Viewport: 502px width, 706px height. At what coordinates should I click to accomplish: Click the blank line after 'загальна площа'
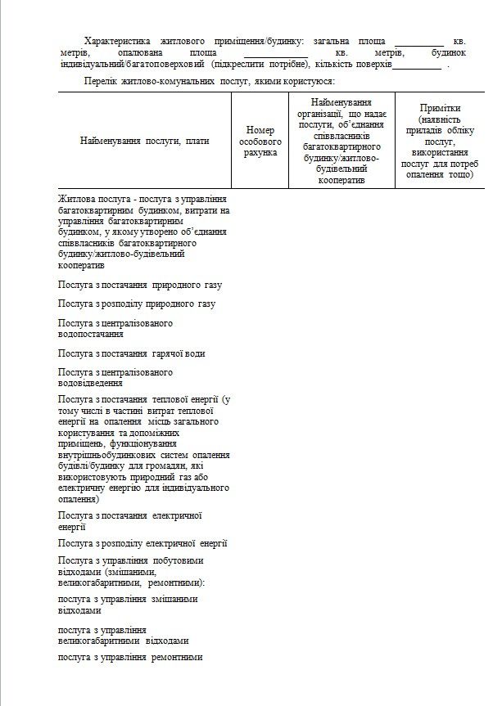418,43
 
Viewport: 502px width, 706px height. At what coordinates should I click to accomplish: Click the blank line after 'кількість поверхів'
417,65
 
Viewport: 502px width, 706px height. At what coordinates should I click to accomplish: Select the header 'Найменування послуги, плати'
144,141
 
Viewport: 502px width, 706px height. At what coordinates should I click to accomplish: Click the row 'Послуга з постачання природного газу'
140,285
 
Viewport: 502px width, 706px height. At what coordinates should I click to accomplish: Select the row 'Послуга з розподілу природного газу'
137,304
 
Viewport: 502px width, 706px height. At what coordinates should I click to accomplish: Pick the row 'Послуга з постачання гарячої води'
131,353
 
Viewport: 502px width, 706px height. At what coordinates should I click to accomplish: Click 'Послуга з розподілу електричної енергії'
142,542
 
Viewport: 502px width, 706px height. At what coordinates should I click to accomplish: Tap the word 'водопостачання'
91,334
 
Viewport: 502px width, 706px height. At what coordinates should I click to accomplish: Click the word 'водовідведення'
91,382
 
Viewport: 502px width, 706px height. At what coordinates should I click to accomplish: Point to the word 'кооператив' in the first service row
82,267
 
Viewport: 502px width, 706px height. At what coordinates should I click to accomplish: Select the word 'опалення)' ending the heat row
79,498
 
